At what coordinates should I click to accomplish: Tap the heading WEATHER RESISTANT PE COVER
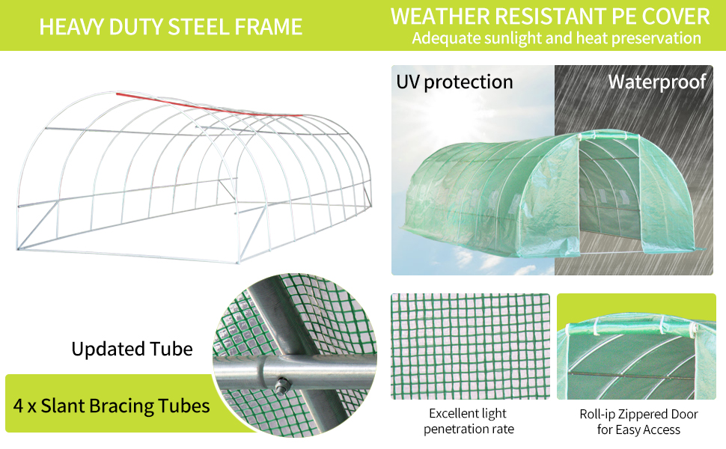tap(550, 16)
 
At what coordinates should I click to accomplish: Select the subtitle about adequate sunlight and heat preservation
tap(556, 38)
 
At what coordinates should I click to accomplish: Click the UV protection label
tap(454, 82)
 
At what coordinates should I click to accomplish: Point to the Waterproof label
tap(656, 82)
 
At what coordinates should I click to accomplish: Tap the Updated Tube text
tap(132, 349)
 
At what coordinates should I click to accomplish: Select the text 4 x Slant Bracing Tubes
tap(112, 406)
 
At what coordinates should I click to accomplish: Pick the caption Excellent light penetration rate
tap(468, 421)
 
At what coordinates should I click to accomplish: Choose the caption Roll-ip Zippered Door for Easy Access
tap(638, 422)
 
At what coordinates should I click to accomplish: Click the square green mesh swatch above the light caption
tap(469, 346)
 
